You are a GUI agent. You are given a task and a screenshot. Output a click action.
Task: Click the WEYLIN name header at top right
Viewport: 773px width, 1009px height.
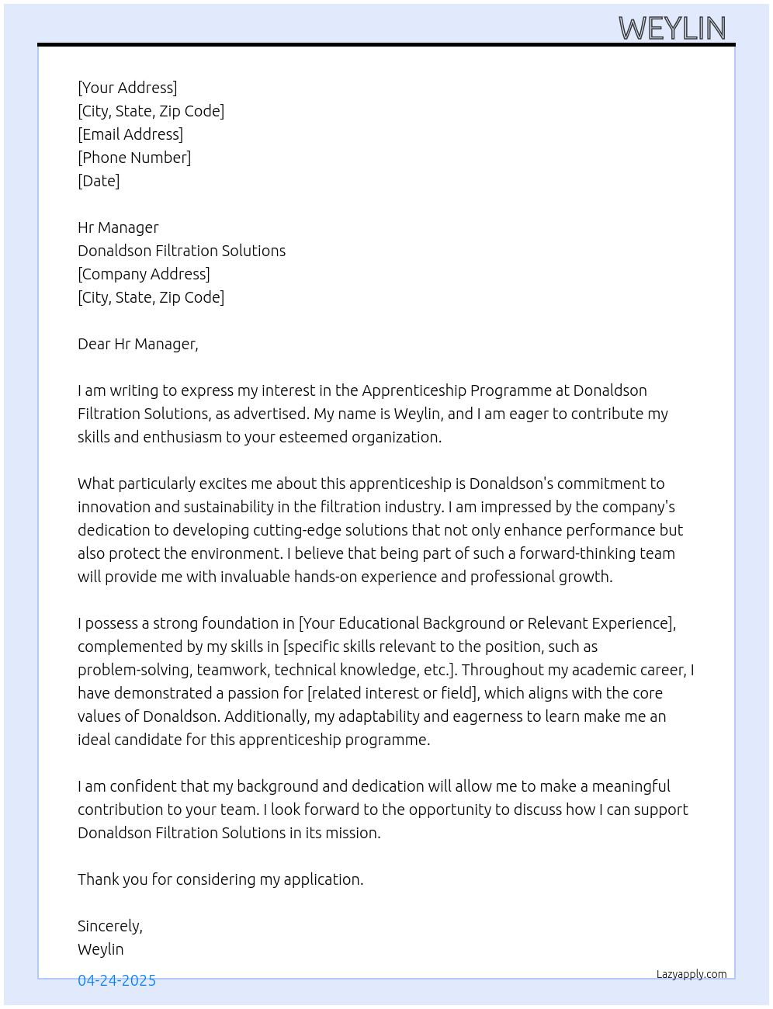point(672,29)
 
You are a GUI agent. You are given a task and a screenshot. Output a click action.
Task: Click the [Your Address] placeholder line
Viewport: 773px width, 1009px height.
point(127,88)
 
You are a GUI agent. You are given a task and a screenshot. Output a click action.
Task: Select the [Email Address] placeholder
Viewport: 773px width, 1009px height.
point(130,134)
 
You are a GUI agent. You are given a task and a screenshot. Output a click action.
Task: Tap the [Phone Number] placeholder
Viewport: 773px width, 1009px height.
point(134,158)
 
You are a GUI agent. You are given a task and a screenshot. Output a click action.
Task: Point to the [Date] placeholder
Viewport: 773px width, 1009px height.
point(99,181)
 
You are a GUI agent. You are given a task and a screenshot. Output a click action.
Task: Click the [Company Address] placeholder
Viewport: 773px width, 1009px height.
point(144,274)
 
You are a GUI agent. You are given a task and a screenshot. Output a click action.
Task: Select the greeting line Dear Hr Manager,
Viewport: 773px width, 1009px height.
point(138,344)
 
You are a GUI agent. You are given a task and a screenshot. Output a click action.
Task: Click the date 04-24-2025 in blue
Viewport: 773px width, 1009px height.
point(116,980)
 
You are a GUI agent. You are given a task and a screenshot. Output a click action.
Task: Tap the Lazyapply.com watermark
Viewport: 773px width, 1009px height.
point(692,974)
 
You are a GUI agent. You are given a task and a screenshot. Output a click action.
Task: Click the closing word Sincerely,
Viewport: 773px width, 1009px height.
point(110,926)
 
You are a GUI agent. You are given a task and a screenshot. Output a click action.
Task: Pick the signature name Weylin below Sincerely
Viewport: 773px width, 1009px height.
point(101,949)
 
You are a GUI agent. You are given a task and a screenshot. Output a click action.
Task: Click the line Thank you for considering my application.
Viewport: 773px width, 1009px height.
point(220,879)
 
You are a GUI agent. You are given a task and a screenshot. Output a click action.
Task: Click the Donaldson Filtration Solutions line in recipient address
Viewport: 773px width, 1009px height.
point(182,251)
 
